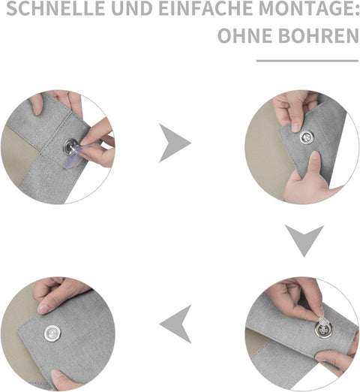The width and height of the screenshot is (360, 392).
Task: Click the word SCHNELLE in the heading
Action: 55,8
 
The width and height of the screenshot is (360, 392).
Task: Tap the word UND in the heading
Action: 131,8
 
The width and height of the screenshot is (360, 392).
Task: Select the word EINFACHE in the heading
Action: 205,8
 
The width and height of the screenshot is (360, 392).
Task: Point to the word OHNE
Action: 245,35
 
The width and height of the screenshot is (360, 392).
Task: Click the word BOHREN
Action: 319,35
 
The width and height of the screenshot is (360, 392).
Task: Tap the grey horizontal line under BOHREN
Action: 307,61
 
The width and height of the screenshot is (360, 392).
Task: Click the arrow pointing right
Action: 175,143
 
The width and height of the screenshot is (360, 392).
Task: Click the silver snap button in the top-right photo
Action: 307,137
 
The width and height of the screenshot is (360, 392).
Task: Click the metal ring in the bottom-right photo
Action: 323,330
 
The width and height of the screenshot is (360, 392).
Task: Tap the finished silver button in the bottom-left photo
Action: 52,333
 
